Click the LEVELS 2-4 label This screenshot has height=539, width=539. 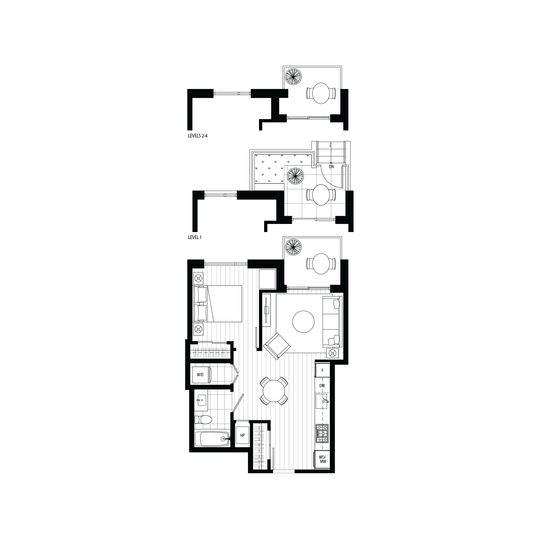(198, 136)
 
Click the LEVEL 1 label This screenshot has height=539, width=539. (195, 237)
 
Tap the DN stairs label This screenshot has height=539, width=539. (331, 167)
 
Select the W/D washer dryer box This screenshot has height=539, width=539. (200, 375)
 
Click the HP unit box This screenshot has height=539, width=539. (242, 443)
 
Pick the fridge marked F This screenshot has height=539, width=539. (323, 371)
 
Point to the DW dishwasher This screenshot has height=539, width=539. (322, 386)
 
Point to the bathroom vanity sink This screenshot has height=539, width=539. (201, 402)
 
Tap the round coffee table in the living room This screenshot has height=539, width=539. (303, 322)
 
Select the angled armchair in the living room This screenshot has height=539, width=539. (277, 346)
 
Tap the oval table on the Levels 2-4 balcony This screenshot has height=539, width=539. (322, 93)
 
